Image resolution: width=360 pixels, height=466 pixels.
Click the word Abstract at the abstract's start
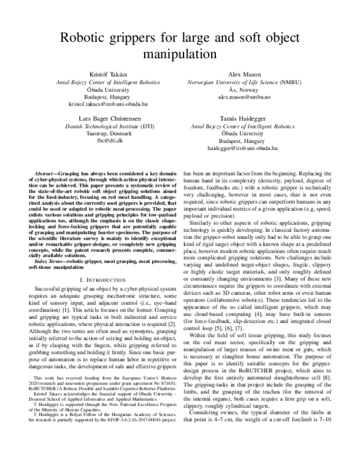(x=47, y=172)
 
